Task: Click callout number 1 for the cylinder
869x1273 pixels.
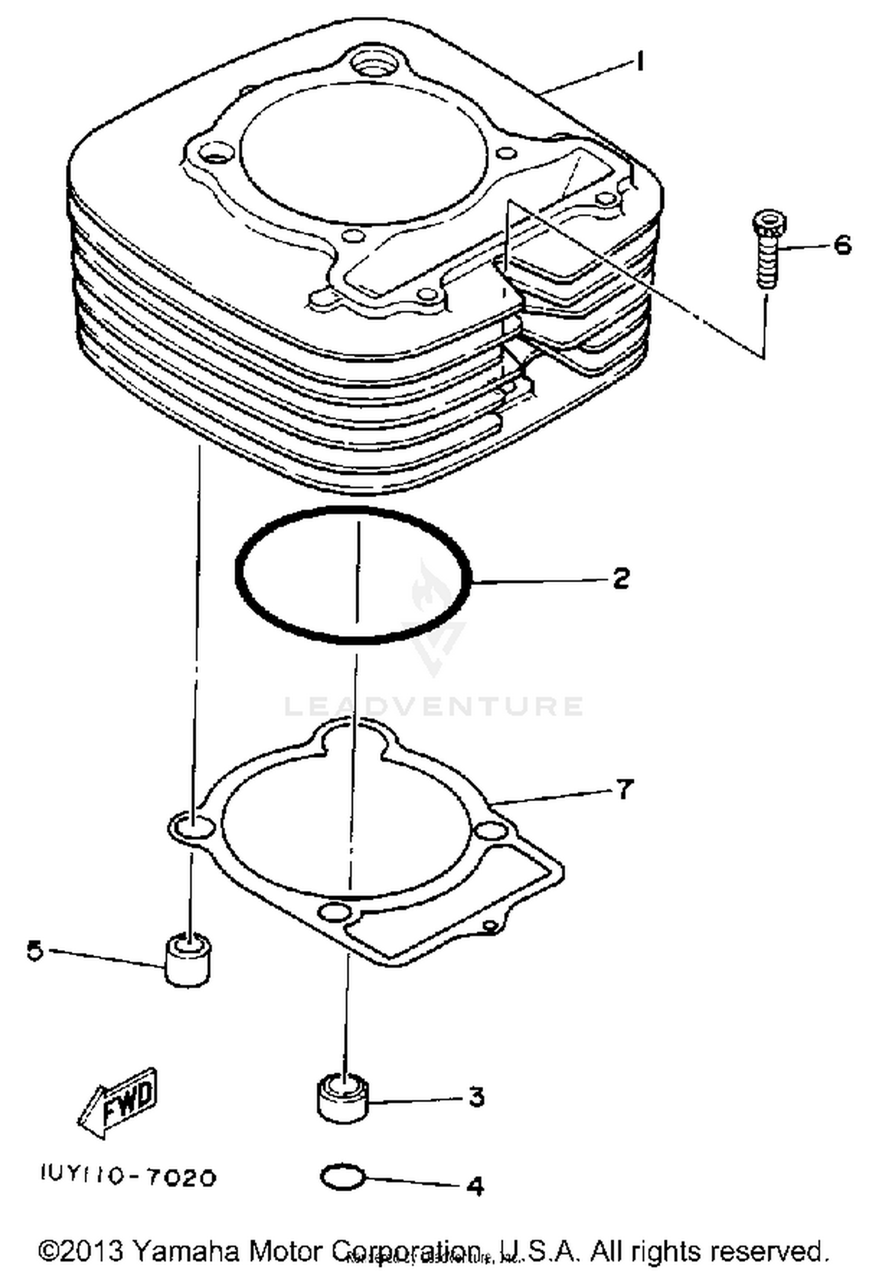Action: pos(640,61)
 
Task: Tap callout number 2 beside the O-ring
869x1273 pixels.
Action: pos(620,578)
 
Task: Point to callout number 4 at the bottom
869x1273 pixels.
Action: pos(475,1186)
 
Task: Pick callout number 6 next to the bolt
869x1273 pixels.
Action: pos(842,245)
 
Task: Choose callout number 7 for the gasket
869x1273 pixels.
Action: pos(624,788)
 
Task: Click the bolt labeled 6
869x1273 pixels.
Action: pos(766,250)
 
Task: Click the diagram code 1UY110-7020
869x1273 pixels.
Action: pos(129,1176)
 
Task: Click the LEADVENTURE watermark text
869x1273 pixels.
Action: pos(433,706)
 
